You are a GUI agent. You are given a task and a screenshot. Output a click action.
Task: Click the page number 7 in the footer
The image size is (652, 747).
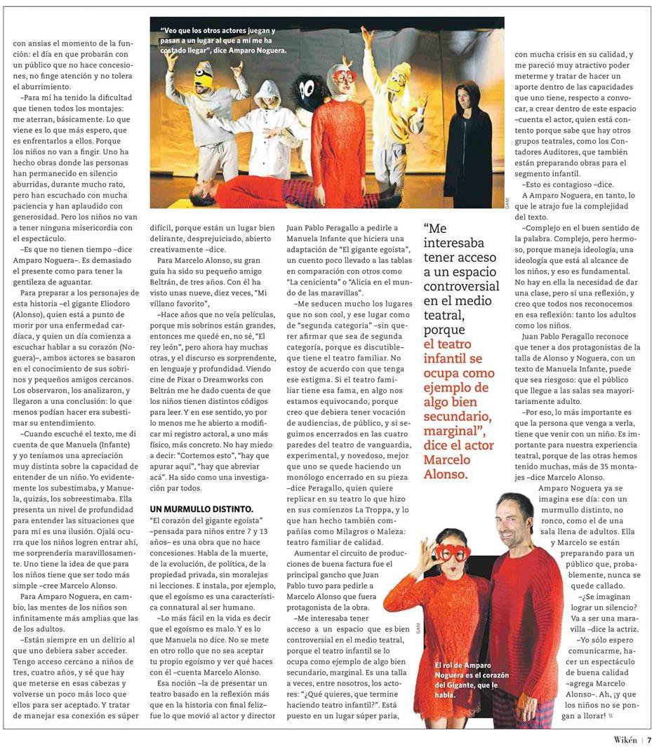[x=648, y=739]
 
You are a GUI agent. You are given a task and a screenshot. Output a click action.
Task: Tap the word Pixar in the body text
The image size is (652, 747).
[x=195, y=389]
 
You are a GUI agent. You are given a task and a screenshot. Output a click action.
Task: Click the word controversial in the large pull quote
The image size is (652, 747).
[x=460, y=286]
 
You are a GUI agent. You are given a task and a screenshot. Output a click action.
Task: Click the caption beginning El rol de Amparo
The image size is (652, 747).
[x=461, y=680]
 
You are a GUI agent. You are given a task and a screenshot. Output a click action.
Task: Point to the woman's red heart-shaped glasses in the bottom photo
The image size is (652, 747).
[x=450, y=552]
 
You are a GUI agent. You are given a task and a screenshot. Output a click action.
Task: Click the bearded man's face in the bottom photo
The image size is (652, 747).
[x=514, y=520]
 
